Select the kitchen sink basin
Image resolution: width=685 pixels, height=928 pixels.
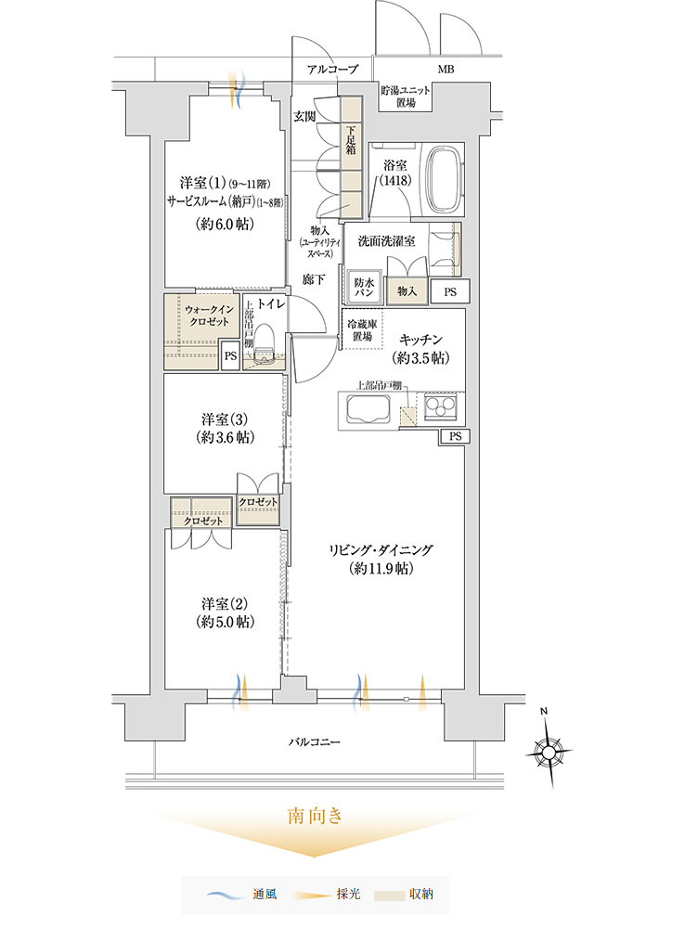point(368,408)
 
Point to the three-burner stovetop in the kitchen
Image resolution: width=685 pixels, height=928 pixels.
point(441,407)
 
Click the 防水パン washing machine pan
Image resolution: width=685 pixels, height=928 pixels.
point(364,288)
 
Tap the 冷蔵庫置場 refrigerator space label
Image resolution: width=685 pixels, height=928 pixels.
point(362,330)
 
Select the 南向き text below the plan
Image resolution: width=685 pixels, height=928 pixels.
point(315,816)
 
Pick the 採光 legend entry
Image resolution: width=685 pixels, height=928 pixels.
point(326,895)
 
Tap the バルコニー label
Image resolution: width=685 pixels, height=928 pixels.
point(315,741)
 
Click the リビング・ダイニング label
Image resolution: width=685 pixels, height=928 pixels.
point(381,549)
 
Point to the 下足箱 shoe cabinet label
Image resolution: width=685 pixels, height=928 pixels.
point(351,140)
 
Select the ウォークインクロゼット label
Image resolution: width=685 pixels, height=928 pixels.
point(209,316)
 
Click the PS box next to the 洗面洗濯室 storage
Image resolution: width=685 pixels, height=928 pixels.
point(450,291)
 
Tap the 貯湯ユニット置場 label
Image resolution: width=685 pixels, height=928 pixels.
point(406,97)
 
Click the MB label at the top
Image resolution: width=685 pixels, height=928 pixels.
point(446,70)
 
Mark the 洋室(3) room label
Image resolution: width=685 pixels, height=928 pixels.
point(225,419)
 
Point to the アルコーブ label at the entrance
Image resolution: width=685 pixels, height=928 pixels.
point(332,70)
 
